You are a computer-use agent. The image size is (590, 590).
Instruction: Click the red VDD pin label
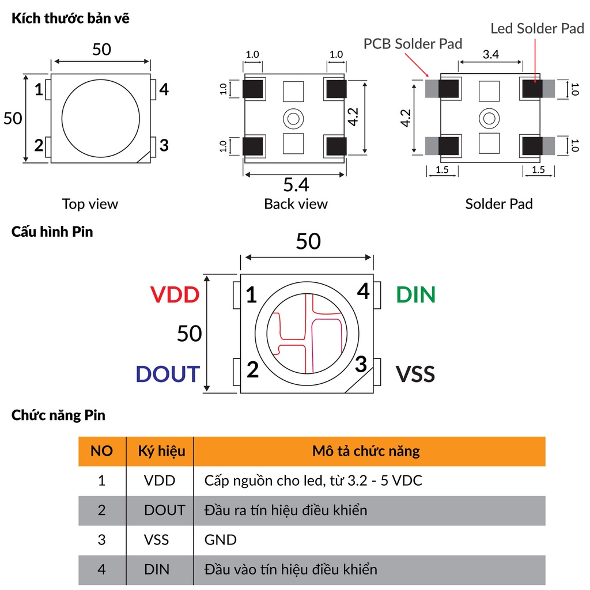pos(175,295)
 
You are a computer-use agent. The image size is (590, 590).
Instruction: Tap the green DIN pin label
pos(415,295)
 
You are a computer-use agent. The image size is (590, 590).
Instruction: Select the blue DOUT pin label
pos(168,374)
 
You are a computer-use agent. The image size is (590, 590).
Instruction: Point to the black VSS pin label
pos(415,374)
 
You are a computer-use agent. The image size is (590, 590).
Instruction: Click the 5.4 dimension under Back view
pos(296,185)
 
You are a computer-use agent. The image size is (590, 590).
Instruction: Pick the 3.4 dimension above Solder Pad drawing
pos(490,55)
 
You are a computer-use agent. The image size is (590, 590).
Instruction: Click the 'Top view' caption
pos(90,204)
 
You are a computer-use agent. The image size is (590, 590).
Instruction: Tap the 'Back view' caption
pos(296,204)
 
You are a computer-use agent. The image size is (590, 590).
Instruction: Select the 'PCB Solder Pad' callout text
pos(413,44)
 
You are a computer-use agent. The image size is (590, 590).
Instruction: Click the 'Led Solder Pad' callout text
pos(537,29)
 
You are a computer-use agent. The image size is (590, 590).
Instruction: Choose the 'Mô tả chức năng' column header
pos(366,451)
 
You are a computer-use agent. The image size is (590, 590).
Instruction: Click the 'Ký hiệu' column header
pos(162,451)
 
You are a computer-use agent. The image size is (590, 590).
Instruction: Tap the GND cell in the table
pos(221,540)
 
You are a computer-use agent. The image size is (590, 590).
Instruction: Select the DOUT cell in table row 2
pos(165,510)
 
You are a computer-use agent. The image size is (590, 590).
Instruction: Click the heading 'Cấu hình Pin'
pos(52,232)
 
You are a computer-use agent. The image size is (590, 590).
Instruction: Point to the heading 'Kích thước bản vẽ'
pos(70,18)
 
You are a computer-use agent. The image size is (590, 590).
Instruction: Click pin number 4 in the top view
pos(164,89)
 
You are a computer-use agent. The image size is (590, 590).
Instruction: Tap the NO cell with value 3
pos(102,540)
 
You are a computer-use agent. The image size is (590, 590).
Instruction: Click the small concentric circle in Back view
pos(293,119)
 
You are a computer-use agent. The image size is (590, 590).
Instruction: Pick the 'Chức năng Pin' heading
pos(58,415)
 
